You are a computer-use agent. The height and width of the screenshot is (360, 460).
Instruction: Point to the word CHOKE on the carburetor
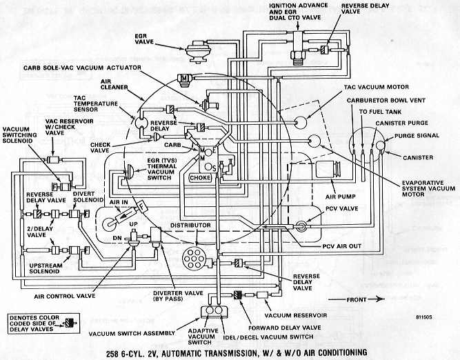[201, 178]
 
